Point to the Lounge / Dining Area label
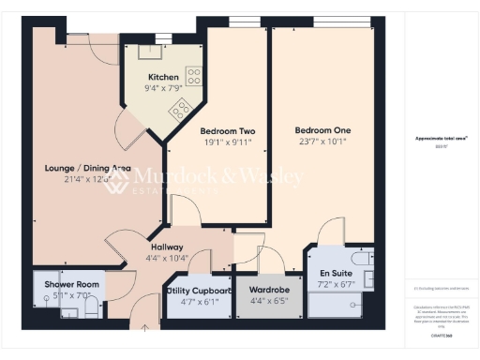[x=87, y=169]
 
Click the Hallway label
[x=168, y=247]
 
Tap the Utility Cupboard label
[x=199, y=292]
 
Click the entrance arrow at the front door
[x=144, y=327]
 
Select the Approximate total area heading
[x=442, y=138]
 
